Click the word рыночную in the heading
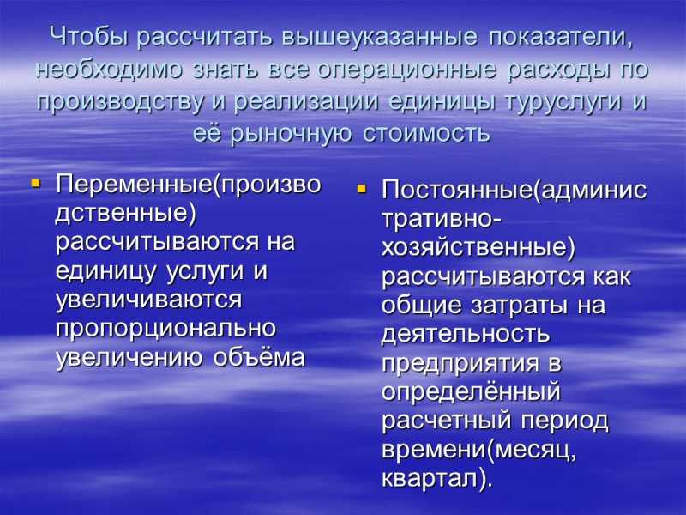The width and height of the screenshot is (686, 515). (292, 134)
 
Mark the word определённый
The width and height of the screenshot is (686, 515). (471, 392)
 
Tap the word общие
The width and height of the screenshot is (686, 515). (415, 306)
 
